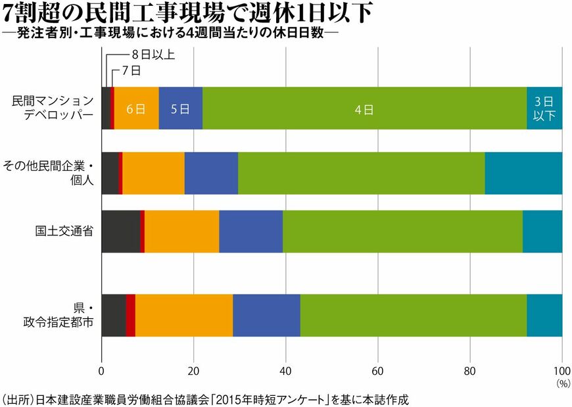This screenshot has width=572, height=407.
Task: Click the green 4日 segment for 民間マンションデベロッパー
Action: (364, 108)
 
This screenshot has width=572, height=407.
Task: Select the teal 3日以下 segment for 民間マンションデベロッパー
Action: (544, 108)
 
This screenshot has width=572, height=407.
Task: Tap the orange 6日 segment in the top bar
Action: (136, 108)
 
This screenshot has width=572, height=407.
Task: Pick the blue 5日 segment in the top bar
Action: (180, 108)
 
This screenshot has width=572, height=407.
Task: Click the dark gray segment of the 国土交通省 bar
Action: (120, 231)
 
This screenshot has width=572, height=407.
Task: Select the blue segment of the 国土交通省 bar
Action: (250, 231)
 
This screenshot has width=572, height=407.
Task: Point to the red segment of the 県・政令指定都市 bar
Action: (130, 315)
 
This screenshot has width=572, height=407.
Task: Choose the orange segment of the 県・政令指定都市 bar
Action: (183, 315)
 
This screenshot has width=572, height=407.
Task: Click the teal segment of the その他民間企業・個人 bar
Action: (523, 173)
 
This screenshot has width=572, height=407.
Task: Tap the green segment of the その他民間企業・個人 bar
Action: (361, 173)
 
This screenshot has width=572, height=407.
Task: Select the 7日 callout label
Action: (131, 70)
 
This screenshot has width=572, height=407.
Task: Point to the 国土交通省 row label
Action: (64, 231)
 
